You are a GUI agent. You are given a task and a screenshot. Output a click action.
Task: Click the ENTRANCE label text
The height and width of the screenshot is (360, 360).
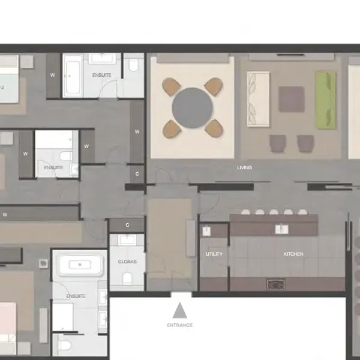[x=179, y=325]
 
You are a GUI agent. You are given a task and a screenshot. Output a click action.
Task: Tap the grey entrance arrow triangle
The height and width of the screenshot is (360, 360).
[x=179, y=310]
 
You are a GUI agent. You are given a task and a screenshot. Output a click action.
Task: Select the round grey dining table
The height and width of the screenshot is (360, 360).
[x=193, y=108]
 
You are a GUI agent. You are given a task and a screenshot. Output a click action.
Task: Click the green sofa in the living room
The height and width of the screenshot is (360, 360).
[x=325, y=100]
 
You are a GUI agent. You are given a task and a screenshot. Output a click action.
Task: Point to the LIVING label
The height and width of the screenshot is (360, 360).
[x=245, y=167]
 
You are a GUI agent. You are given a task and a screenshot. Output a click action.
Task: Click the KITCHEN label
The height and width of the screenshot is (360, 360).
[x=293, y=254]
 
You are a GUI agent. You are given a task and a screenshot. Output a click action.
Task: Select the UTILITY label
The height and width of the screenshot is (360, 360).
[x=214, y=254]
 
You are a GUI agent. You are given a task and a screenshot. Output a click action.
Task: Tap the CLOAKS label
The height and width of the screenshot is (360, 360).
[x=127, y=262]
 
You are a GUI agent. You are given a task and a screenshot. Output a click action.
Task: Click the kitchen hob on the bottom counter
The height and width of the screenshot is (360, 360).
[x=276, y=284]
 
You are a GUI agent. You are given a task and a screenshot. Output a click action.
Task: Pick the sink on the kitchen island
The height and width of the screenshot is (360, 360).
[x=281, y=229]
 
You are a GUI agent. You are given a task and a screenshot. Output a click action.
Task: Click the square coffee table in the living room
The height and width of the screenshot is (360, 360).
[x=292, y=99]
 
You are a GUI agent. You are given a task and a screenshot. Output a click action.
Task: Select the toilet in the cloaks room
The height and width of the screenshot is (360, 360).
[x=127, y=278]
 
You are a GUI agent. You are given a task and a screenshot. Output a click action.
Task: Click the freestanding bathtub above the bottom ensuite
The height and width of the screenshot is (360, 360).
[x=80, y=265]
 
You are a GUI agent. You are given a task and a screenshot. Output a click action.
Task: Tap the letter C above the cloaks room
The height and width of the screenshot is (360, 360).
[x=127, y=225]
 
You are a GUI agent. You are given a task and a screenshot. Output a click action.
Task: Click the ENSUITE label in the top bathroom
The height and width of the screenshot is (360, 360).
[x=101, y=75]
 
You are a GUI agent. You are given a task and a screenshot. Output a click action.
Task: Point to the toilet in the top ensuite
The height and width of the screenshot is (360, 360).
[x=134, y=65]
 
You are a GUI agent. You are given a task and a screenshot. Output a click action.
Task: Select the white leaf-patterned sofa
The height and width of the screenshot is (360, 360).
[x=258, y=99]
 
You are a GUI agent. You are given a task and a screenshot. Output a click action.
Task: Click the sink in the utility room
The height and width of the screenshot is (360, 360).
[x=206, y=231]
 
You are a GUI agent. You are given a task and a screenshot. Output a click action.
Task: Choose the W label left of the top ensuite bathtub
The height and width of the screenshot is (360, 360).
[x=53, y=75]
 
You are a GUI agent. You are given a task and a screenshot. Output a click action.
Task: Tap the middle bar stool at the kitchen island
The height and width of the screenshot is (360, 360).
[x=274, y=212]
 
